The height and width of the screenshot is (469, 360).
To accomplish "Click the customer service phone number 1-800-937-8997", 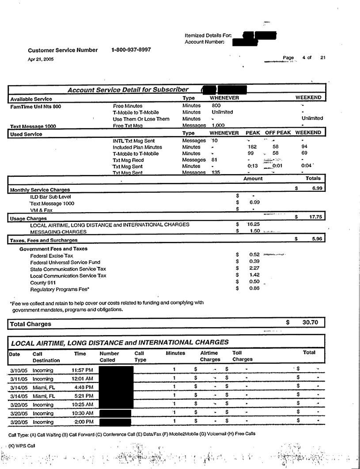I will (132, 50).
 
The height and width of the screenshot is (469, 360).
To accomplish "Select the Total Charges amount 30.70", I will (311, 323).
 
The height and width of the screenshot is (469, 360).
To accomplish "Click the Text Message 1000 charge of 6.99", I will (254, 203).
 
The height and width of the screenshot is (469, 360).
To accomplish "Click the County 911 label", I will (43, 282).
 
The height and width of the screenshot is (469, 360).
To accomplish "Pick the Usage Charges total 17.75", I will (315, 217).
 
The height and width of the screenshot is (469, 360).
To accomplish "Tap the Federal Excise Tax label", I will (52, 255).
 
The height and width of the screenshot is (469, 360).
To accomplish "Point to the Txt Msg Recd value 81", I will (215, 160).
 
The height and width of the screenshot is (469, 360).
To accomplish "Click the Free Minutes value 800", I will (216, 106).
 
